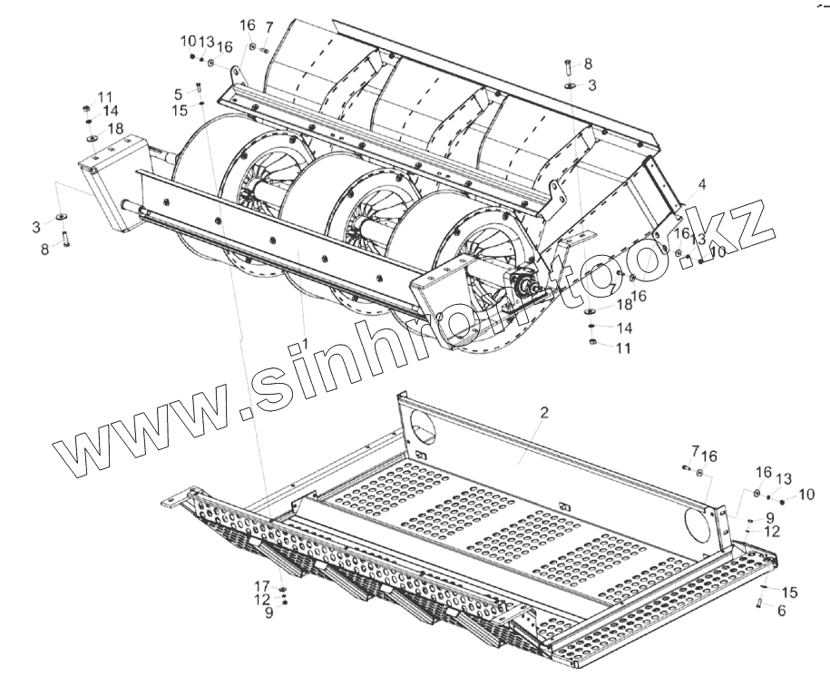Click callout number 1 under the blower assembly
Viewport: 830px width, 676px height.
coord(307,341)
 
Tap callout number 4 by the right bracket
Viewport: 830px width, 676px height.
coord(700,185)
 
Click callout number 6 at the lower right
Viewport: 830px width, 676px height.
coord(781,611)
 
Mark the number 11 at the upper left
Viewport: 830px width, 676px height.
coord(106,97)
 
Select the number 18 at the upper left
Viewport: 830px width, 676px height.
coord(115,129)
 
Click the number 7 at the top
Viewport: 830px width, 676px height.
coord(269,26)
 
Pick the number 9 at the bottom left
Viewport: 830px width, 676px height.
coord(269,613)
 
